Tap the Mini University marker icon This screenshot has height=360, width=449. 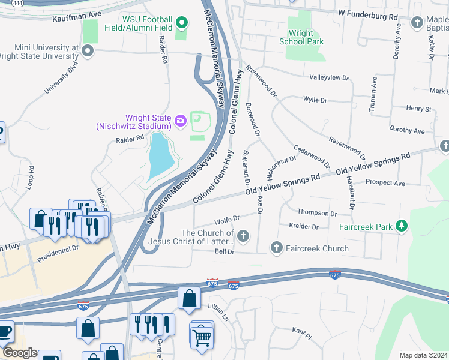tap(88, 51)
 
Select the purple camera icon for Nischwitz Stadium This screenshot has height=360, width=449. tap(180, 122)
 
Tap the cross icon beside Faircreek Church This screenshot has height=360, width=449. tap(277, 247)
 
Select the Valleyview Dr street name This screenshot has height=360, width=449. tap(329, 77)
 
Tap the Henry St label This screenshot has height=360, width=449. tap(419, 109)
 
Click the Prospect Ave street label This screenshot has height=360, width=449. tap(385, 182)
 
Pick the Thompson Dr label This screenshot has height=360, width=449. tap(317, 213)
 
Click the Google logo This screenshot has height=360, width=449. tap(19, 353)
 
